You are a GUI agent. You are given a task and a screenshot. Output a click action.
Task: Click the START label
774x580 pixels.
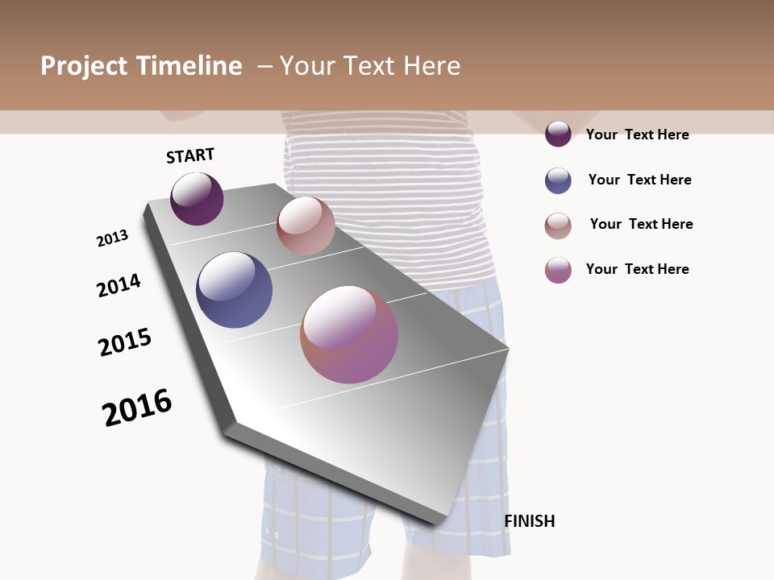tap(190, 155)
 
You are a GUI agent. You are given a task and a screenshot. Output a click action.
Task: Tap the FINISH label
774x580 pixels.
tap(530, 521)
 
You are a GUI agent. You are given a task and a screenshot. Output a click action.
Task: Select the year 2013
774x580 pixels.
tap(112, 238)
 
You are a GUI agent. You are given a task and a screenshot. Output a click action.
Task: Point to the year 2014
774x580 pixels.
tap(119, 285)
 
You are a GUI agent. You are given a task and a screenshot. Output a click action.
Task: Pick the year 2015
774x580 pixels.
tap(125, 342)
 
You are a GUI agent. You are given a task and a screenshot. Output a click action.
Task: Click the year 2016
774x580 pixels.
tap(137, 407)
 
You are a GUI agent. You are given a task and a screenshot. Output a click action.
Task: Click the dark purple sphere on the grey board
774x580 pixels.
tap(197, 198)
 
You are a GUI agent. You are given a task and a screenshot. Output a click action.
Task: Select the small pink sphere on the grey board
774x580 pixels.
tap(306, 226)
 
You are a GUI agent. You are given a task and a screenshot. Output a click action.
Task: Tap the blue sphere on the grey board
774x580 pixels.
tap(235, 290)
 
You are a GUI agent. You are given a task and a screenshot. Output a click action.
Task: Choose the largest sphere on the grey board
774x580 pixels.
tap(349, 334)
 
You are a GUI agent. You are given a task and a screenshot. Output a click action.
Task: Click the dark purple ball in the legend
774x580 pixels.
tap(558, 134)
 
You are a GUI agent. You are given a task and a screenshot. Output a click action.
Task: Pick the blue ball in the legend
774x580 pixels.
tap(558, 180)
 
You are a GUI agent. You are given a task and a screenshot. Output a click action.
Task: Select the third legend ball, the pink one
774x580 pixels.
tap(558, 226)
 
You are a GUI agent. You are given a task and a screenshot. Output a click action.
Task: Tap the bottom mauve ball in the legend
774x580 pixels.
tap(558, 270)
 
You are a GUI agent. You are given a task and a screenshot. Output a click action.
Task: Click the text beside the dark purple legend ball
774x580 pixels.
tap(637, 135)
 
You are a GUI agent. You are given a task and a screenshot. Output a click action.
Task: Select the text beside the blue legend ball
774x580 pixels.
tap(639, 180)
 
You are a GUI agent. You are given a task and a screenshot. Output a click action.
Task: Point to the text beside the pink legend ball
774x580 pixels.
tap(641, 224)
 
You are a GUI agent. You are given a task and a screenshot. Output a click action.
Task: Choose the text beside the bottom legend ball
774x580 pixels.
tap(637, 269)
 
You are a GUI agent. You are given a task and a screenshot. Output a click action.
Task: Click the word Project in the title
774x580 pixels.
tap(84, 66)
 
